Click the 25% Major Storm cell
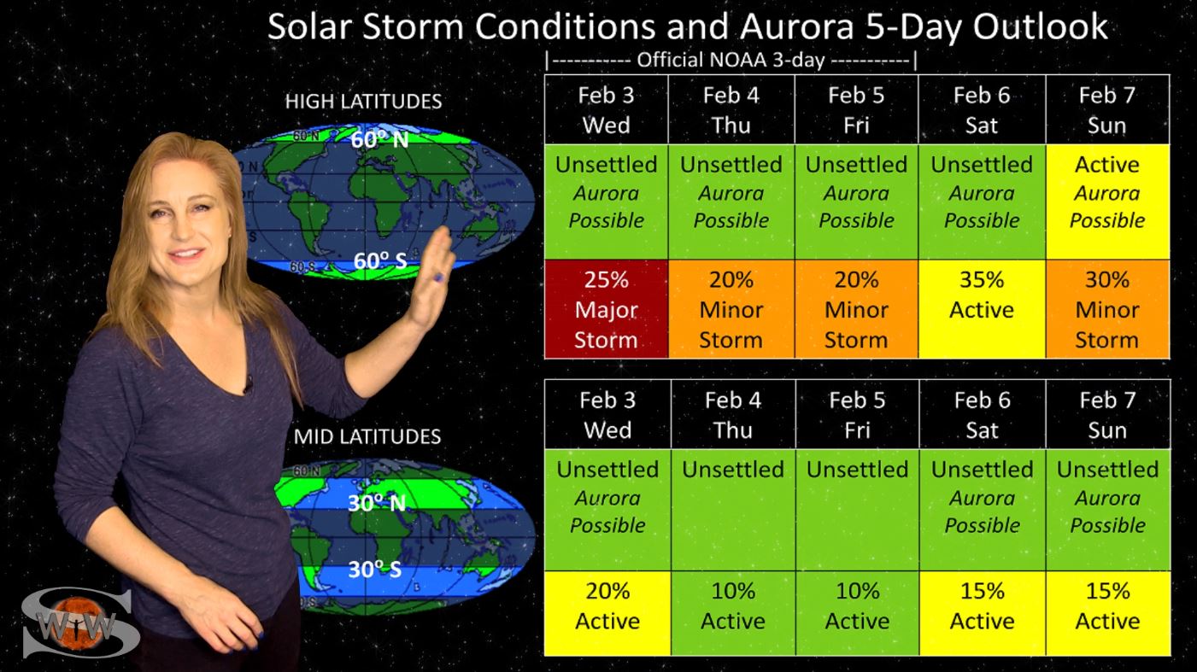coord(607,309)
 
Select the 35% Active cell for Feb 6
coord(982,309)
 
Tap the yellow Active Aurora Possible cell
coord(1107,202)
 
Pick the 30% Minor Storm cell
coord(1107,309)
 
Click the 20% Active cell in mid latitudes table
coord(607,613)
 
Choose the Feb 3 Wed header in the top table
coord(607,109)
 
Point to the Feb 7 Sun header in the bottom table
coord(1108,414)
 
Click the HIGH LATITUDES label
coord(363,101)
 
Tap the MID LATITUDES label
coord(367,436)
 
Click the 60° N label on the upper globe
coord(379,139)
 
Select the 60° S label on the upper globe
coord(380,260)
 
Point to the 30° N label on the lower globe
coord(376,503)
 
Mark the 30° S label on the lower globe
coord(374,570)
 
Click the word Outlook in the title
coord(1040,26)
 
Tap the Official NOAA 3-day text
coord(731,60)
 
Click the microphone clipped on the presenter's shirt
coord(248,383)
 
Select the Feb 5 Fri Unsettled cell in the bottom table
coord(858,510)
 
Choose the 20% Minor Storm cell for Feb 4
coord(731,309)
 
